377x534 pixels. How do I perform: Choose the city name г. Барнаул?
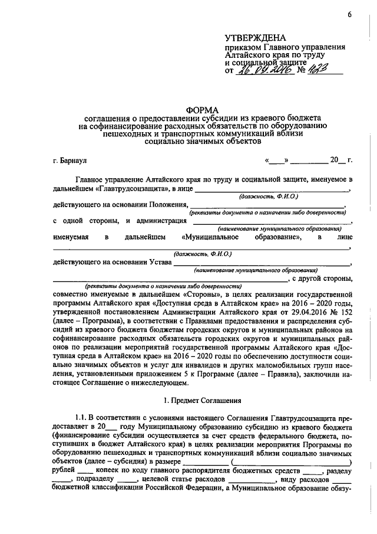point(70,160)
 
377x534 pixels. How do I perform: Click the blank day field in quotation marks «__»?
point(277,160)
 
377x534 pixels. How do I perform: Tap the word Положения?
point(169,204)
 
